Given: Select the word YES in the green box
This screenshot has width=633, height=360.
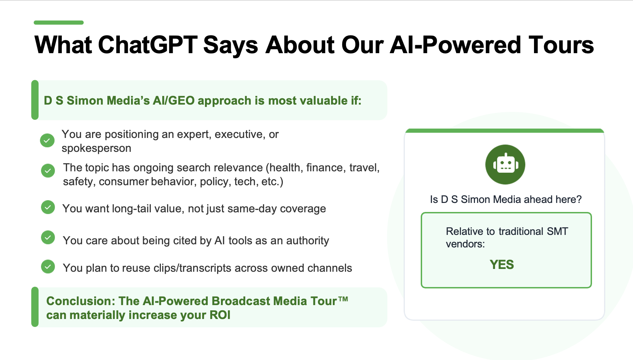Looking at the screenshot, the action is pos(502,265).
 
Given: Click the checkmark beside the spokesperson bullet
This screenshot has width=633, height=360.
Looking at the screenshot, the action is pos(47,140).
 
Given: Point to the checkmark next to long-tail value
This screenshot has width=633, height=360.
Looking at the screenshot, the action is pos(48,207).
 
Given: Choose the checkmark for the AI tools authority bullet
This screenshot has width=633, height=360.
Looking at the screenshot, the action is pos(48,237).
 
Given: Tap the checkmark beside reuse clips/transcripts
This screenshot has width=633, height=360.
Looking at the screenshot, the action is pos(48,267).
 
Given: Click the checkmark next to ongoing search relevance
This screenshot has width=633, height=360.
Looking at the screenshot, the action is pos(48,171).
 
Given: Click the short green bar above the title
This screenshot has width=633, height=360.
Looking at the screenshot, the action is pos(59,23).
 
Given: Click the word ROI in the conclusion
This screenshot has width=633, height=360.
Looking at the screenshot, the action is pos(220,315).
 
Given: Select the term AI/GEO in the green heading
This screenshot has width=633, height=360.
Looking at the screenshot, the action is pos(174,101).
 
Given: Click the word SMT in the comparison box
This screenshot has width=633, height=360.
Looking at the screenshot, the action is pos(557,231).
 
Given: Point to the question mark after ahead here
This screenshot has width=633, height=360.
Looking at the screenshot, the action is pos(579,199).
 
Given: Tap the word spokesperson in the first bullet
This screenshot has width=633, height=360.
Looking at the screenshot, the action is pos(97,148).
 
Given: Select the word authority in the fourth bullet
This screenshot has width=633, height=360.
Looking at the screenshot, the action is pos(307,240).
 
